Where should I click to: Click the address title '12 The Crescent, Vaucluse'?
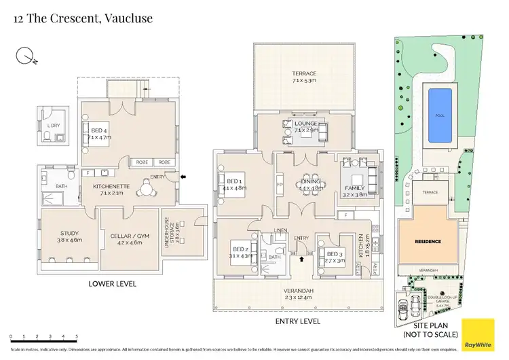click(83, 18)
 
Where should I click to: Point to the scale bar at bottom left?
click(43, 338)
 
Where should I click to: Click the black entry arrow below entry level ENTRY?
click(302, 259)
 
